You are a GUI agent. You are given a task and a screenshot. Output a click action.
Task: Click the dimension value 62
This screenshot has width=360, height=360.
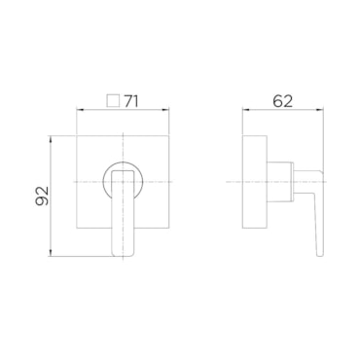pos(282,101)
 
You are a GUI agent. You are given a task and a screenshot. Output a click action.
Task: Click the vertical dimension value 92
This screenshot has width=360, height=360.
pos(42,196)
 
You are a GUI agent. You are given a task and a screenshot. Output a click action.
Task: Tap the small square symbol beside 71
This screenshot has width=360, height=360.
pos(113,100)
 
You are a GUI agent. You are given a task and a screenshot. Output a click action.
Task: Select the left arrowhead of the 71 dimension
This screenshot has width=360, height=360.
pos(80,110)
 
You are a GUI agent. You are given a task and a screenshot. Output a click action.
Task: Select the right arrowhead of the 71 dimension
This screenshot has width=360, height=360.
pos(165,110)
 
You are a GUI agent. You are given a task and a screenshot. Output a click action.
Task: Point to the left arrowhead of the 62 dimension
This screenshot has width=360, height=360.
pos(246,110)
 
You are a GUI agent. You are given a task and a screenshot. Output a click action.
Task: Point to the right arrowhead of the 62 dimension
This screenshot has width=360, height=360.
pos(320,110)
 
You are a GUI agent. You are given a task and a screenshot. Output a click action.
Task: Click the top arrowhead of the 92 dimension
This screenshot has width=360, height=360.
pos(51,140)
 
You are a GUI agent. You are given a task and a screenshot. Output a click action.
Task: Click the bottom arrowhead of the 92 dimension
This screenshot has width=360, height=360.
pos(51,252)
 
